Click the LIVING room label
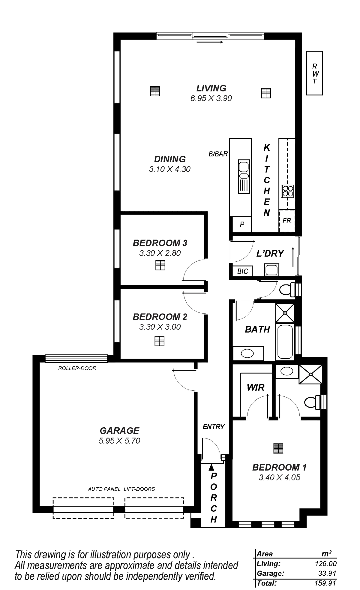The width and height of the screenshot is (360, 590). (x=211, y=88)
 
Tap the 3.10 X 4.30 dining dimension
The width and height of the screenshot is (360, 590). (x=170, y=169)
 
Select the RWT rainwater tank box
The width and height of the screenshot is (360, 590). (x=314, y=74)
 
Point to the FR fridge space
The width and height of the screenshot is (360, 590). (x=287, y=221)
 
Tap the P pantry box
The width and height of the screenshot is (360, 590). (x=242, y=224)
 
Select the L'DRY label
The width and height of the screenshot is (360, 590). (x=270, y=254)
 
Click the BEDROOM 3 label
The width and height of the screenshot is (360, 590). (x=160, y=243)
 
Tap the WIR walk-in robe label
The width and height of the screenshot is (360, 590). (x=255, y=387)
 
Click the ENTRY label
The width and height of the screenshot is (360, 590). (x=213, y=427)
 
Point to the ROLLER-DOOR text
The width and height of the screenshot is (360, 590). (x=77, y=368)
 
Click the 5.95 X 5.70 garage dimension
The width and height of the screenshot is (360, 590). (x=120, y=441)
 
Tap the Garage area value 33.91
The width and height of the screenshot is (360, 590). (x=328, y=573)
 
